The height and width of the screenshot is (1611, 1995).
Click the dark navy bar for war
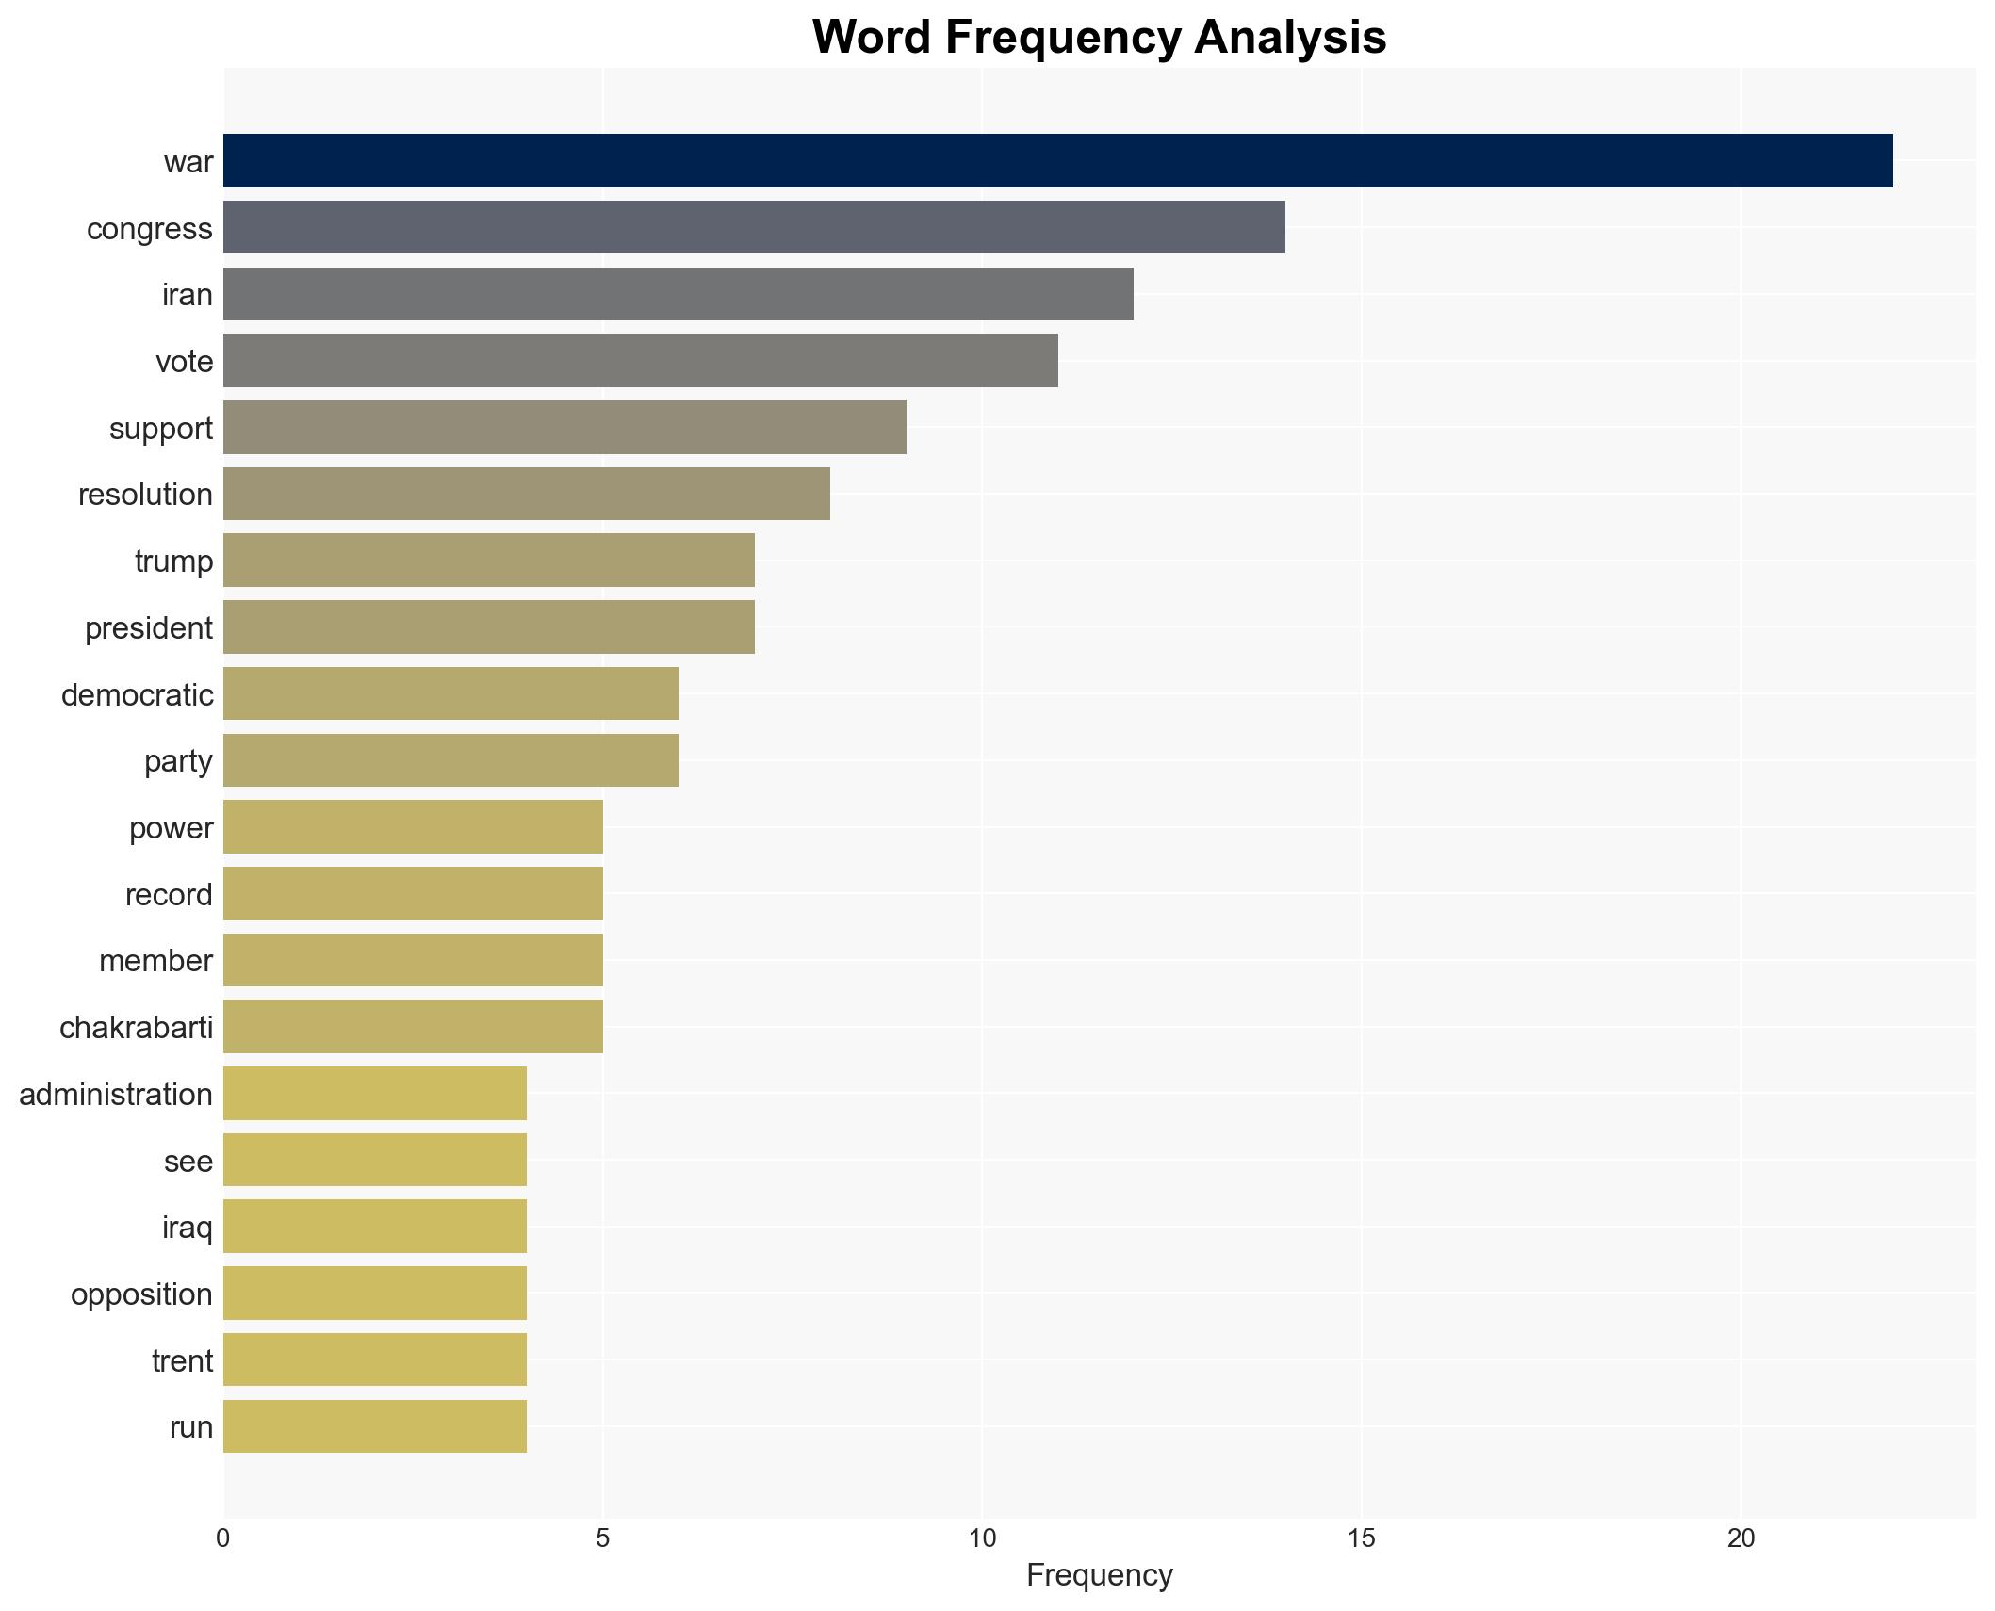click(1057, 161)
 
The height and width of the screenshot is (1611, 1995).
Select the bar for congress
click(754, 227)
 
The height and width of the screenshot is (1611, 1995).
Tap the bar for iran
click(678, 294)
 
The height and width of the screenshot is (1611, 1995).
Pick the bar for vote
click(640, 361)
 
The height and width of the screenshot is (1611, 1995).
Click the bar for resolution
click(526, 494)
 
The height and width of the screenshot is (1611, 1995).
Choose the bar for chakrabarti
click(413, 1027)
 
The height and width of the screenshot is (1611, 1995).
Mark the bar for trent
click(374, 1359)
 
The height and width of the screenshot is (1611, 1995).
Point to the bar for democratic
click(450, 693)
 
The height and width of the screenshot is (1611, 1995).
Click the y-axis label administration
click(116, 1094)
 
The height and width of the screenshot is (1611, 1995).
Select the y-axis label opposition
click(141, 1294)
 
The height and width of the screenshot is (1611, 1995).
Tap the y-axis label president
click(149, 627)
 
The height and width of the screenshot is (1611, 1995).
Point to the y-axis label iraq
click(187, 1227)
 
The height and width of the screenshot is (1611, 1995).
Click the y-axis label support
click(161, 428)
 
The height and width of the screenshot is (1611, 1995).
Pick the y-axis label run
click(191, 1426)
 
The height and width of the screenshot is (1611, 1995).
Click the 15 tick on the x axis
click(1361, 1538)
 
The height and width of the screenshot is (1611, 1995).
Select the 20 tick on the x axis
click(1741, 1538)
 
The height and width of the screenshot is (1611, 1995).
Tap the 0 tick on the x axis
click(223, 1538)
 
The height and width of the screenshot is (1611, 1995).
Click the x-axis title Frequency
click(1099, 1575)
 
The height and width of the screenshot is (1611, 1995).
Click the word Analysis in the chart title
click(1290, 38)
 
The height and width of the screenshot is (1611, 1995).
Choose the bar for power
click(413, 827)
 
